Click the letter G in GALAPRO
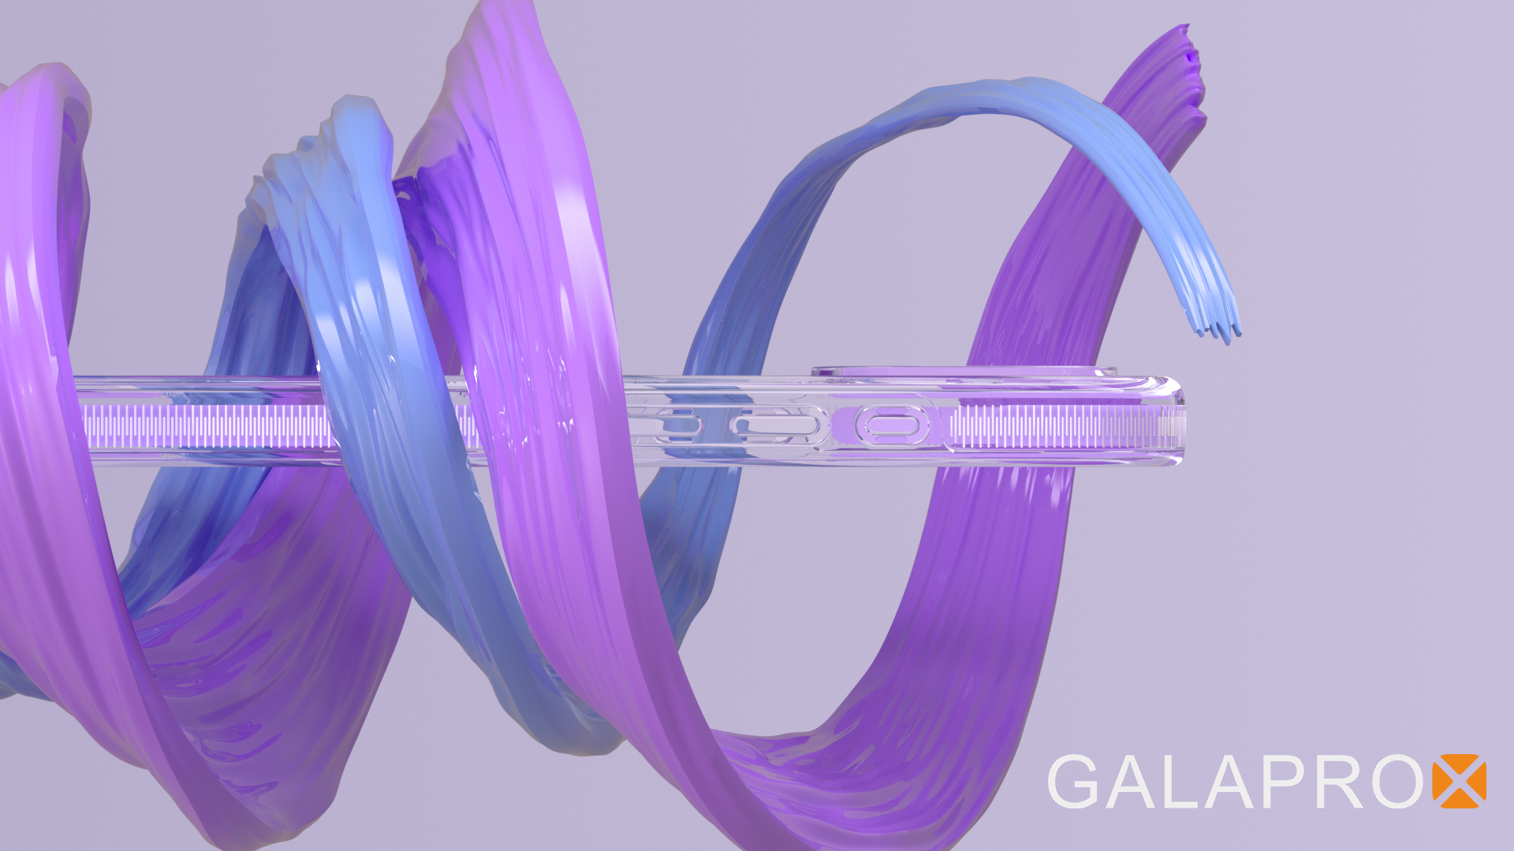click(x=1073, y=782)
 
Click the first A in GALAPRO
click(x=1133, y=782)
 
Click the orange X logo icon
click(x=1460, y=782)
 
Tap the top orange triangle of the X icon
click(x=1460, y=764)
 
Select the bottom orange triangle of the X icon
click(x=1460, y=799)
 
